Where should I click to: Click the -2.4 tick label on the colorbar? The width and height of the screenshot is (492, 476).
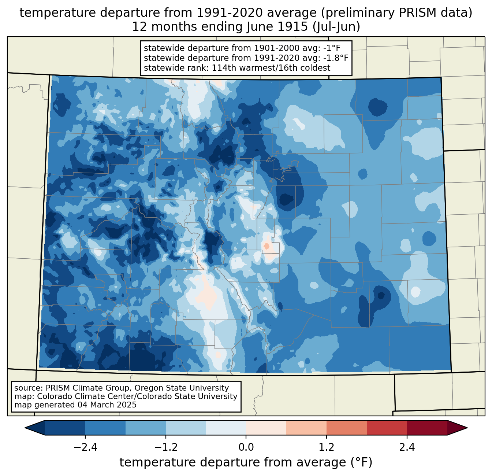coord(85,447)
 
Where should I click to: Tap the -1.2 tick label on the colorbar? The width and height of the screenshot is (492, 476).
coord(165,447)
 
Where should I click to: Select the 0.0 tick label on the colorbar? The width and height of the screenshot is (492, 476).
coord(246,447)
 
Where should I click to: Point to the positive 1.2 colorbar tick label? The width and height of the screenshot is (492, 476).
coord(327,447)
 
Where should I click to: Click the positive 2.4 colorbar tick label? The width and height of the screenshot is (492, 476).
coord(407,447)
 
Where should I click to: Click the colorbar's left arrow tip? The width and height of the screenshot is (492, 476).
coord(25,428)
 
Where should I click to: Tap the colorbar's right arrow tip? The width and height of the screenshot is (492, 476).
coord(467,428)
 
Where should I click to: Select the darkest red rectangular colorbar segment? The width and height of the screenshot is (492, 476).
coord(427,428)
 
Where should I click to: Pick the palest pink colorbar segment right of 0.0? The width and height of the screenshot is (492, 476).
coord(266,428)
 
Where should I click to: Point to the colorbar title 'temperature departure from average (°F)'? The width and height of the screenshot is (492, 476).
coord(246,462)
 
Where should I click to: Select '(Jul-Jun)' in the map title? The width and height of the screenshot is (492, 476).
coord(336,27)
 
